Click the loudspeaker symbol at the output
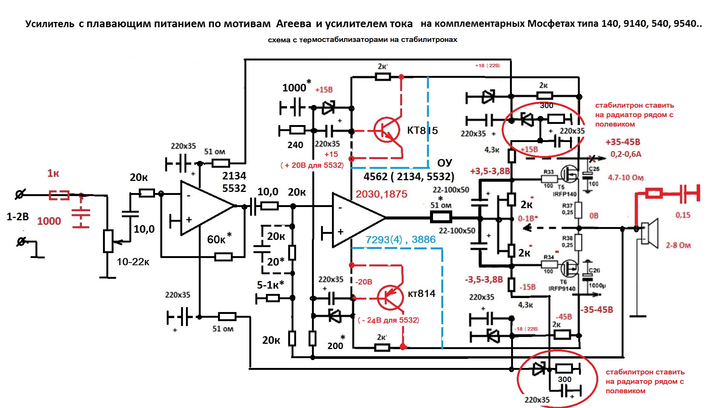point(650,231)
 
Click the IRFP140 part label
point(565,194)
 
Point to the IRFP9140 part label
point(562,289)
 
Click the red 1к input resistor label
point(53,173)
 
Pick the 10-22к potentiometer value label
point(133,262)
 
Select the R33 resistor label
point(548,172)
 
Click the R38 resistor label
point(567,238)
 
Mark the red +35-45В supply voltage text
point(623,142)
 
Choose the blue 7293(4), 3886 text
point(400,240)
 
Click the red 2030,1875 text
point(381,194)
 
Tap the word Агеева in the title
point(293,24)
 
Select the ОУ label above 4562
point(444,163)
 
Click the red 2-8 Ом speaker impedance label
point(678,245)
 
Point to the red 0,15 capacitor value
point(683,215)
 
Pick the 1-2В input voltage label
point(18,217)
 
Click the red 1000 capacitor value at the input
point(49,221)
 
